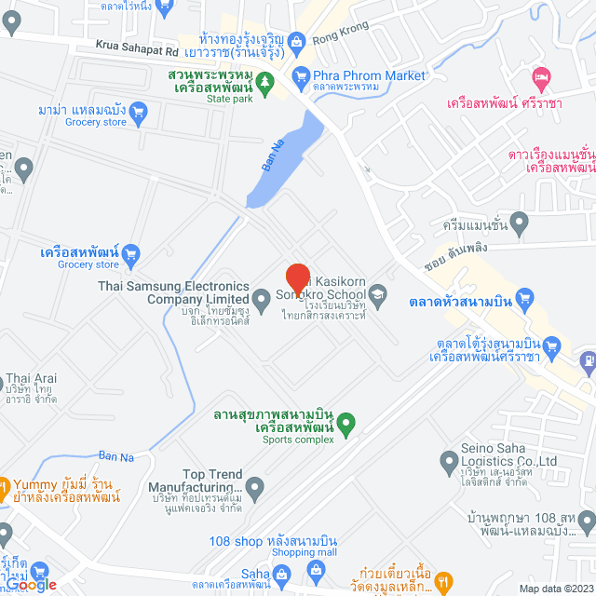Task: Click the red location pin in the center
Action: (297, 278)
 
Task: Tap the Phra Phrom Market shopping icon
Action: (300, 75)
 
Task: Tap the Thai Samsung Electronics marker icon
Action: (262, 298)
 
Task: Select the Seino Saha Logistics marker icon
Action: (446, 460)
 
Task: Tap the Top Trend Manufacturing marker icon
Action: (255, 486)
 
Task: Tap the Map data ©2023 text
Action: (555, 589)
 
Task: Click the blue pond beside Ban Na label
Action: (279, 158)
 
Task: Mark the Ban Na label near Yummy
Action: (115, 455)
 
